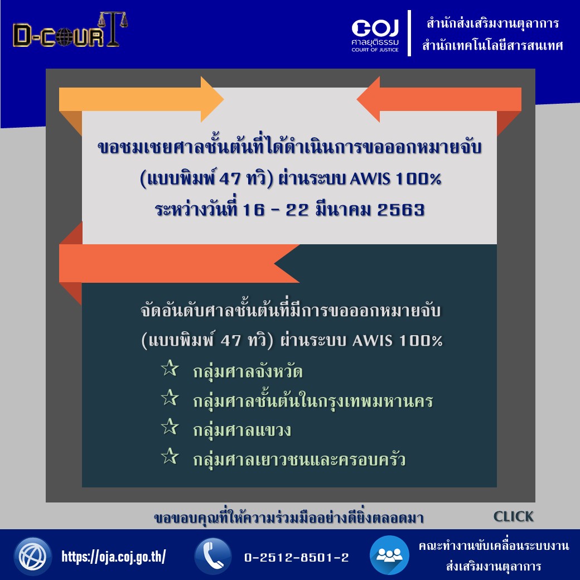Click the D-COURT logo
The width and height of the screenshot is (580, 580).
coord(70,30)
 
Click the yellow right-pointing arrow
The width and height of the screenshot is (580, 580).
coord(141,99)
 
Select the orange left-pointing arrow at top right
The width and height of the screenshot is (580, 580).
coord(439,99)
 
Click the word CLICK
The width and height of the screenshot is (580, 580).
coord(514,516)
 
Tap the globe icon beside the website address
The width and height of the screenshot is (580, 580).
coord(32,556)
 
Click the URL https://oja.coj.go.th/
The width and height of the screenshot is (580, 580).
coord(114,557)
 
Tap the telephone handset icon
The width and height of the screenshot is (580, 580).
coord(213,557)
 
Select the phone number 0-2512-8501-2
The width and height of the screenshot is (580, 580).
coord(296,558)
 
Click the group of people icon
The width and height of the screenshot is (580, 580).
coord(389,555)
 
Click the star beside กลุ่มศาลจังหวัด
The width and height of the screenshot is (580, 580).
coord(170,368)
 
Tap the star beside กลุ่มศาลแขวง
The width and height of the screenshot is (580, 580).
coord(170,427)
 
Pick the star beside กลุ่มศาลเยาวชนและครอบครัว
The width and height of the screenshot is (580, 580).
coord(170,456)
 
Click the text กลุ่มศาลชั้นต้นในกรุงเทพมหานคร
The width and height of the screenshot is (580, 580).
coord(313,400)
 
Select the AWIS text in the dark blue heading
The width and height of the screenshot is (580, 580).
coord(370,179)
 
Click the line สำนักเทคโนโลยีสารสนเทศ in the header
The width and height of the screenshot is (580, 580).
coord(492,45)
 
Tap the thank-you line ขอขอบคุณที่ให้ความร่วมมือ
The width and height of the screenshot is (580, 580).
coord(288,517)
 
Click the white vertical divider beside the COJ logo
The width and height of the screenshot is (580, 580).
coord(409,33)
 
